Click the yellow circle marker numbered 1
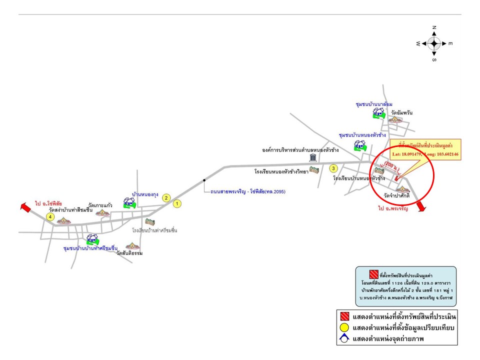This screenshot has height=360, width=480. click(x=176, y=203)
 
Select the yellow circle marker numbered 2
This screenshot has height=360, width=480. click(x=166, y=197)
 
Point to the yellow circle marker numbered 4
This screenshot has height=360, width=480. click(x=50, y=216)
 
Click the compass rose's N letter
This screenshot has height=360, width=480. click(x=434, y=27)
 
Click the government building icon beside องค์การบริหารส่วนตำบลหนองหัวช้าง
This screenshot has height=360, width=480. click(x=313, y=158)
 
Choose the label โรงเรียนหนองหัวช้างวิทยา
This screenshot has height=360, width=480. click(x=280, y=171)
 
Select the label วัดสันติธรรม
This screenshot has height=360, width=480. click(x=129, y=253)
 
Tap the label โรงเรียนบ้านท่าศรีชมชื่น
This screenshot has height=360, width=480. click(x=155, y=230)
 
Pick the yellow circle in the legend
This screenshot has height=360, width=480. click(x=344, y=328)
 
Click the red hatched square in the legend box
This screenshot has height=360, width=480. click(x=344, y=316)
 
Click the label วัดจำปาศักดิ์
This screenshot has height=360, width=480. click(x=397, y=195)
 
